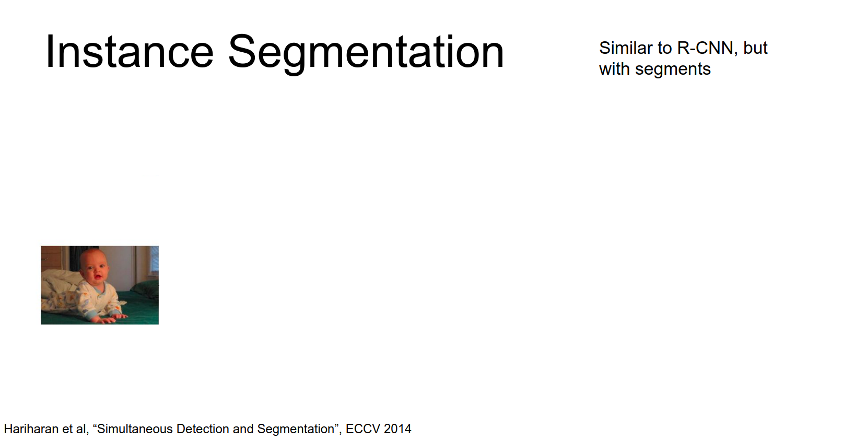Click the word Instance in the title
(x=130, y=51)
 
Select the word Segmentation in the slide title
(x=366, y=54)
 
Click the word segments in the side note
(x=673, y=70)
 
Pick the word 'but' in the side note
(x=755, y=48)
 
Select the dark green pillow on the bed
(x=144, y=288)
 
